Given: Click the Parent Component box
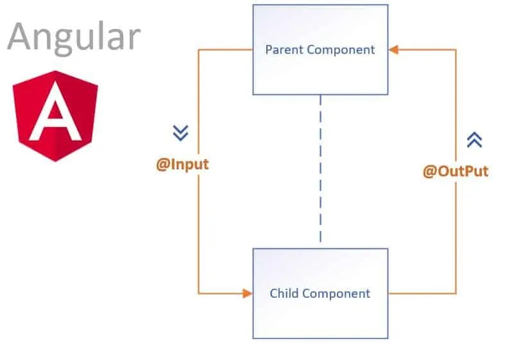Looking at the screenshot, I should [320, 49].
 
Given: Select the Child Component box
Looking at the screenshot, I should [320, 293].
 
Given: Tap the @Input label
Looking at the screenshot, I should [182, 164].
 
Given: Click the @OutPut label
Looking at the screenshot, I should [456, 171].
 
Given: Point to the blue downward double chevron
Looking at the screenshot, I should [181, 133].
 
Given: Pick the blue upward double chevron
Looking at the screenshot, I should [474, 140].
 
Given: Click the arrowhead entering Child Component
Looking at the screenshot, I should [248, 294].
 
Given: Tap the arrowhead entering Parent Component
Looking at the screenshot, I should [393, 49].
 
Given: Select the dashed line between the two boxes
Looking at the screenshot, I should [320, 170].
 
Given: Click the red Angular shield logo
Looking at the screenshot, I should [56, 116].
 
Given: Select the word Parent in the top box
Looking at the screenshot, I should [283, 49].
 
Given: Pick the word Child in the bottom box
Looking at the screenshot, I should [284, 294].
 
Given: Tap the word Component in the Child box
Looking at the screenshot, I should [336, 294].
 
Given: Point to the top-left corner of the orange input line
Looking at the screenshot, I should [198, 49].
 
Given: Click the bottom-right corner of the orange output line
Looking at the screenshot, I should [456, 294].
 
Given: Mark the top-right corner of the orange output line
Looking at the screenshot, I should [456, 49].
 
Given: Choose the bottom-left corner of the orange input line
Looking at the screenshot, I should [198, 294].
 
